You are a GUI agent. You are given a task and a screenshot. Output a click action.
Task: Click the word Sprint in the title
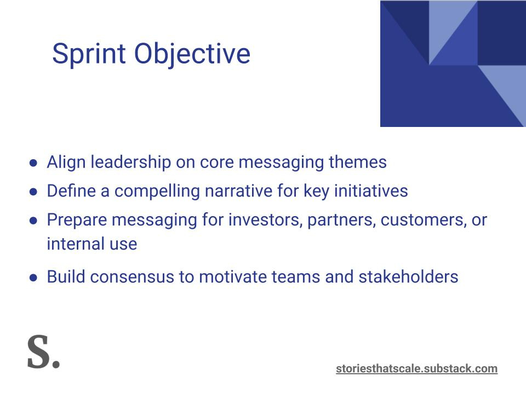[89, 54]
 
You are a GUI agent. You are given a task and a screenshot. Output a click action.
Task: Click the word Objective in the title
[192, 54]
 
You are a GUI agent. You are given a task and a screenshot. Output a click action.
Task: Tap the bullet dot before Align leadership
[33, 163]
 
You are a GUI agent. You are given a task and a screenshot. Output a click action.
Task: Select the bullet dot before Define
[33, 192]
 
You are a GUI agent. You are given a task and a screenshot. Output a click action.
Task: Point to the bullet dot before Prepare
[33, 221]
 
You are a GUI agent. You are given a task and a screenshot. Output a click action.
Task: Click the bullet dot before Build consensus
[33, 278]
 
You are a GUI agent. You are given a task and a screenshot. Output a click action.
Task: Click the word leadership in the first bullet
[131, 163]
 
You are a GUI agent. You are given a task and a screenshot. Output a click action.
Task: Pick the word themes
[358, 162]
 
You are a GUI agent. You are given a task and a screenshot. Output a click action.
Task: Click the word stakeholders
[408, 277]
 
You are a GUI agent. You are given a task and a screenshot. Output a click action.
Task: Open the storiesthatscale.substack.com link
[416, 368]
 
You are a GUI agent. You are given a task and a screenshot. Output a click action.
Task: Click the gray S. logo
[43, 352]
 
